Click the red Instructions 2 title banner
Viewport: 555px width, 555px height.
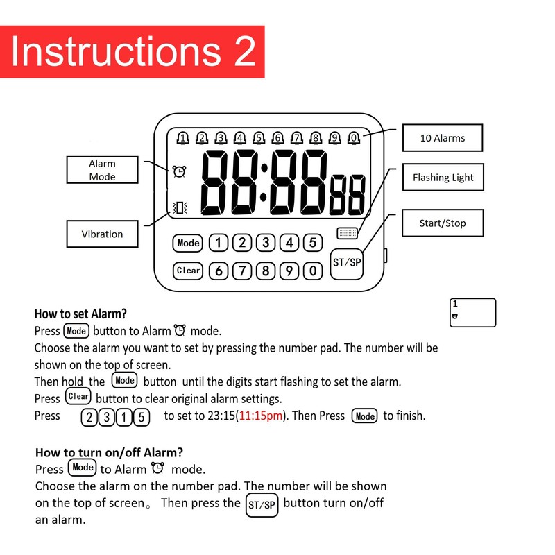click(x=132, y=52)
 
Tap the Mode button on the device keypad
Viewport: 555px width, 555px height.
click(x=187, y=243)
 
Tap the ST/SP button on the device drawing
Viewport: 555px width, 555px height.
click(x=348, y=263)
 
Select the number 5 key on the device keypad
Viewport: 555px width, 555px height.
click(x=313, y=243)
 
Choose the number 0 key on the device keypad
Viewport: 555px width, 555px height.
click(x=313, y=271)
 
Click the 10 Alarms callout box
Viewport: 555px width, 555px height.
click(x=443, y=137)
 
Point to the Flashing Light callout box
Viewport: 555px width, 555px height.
click(x=443, y=178)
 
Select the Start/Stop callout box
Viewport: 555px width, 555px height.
click(x=443, y=223)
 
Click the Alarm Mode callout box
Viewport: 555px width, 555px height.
click(x=102, y=170)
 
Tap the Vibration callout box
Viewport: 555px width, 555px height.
click(x=102, y=234)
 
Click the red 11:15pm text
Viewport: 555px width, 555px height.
click(x=260, y=416)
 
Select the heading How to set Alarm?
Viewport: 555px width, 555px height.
click(x=80, y=314)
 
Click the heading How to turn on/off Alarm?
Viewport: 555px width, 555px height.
click(x=109, y=452)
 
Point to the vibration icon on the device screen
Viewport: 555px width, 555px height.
click(x=180, y=207)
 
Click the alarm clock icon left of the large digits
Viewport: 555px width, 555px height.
click(x=180, y=171)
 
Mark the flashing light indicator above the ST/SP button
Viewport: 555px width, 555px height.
click(x=347, y=233)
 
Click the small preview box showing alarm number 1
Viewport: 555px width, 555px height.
click(x=473, y=312)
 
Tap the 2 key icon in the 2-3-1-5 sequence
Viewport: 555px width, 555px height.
click(x=89, y=417)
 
